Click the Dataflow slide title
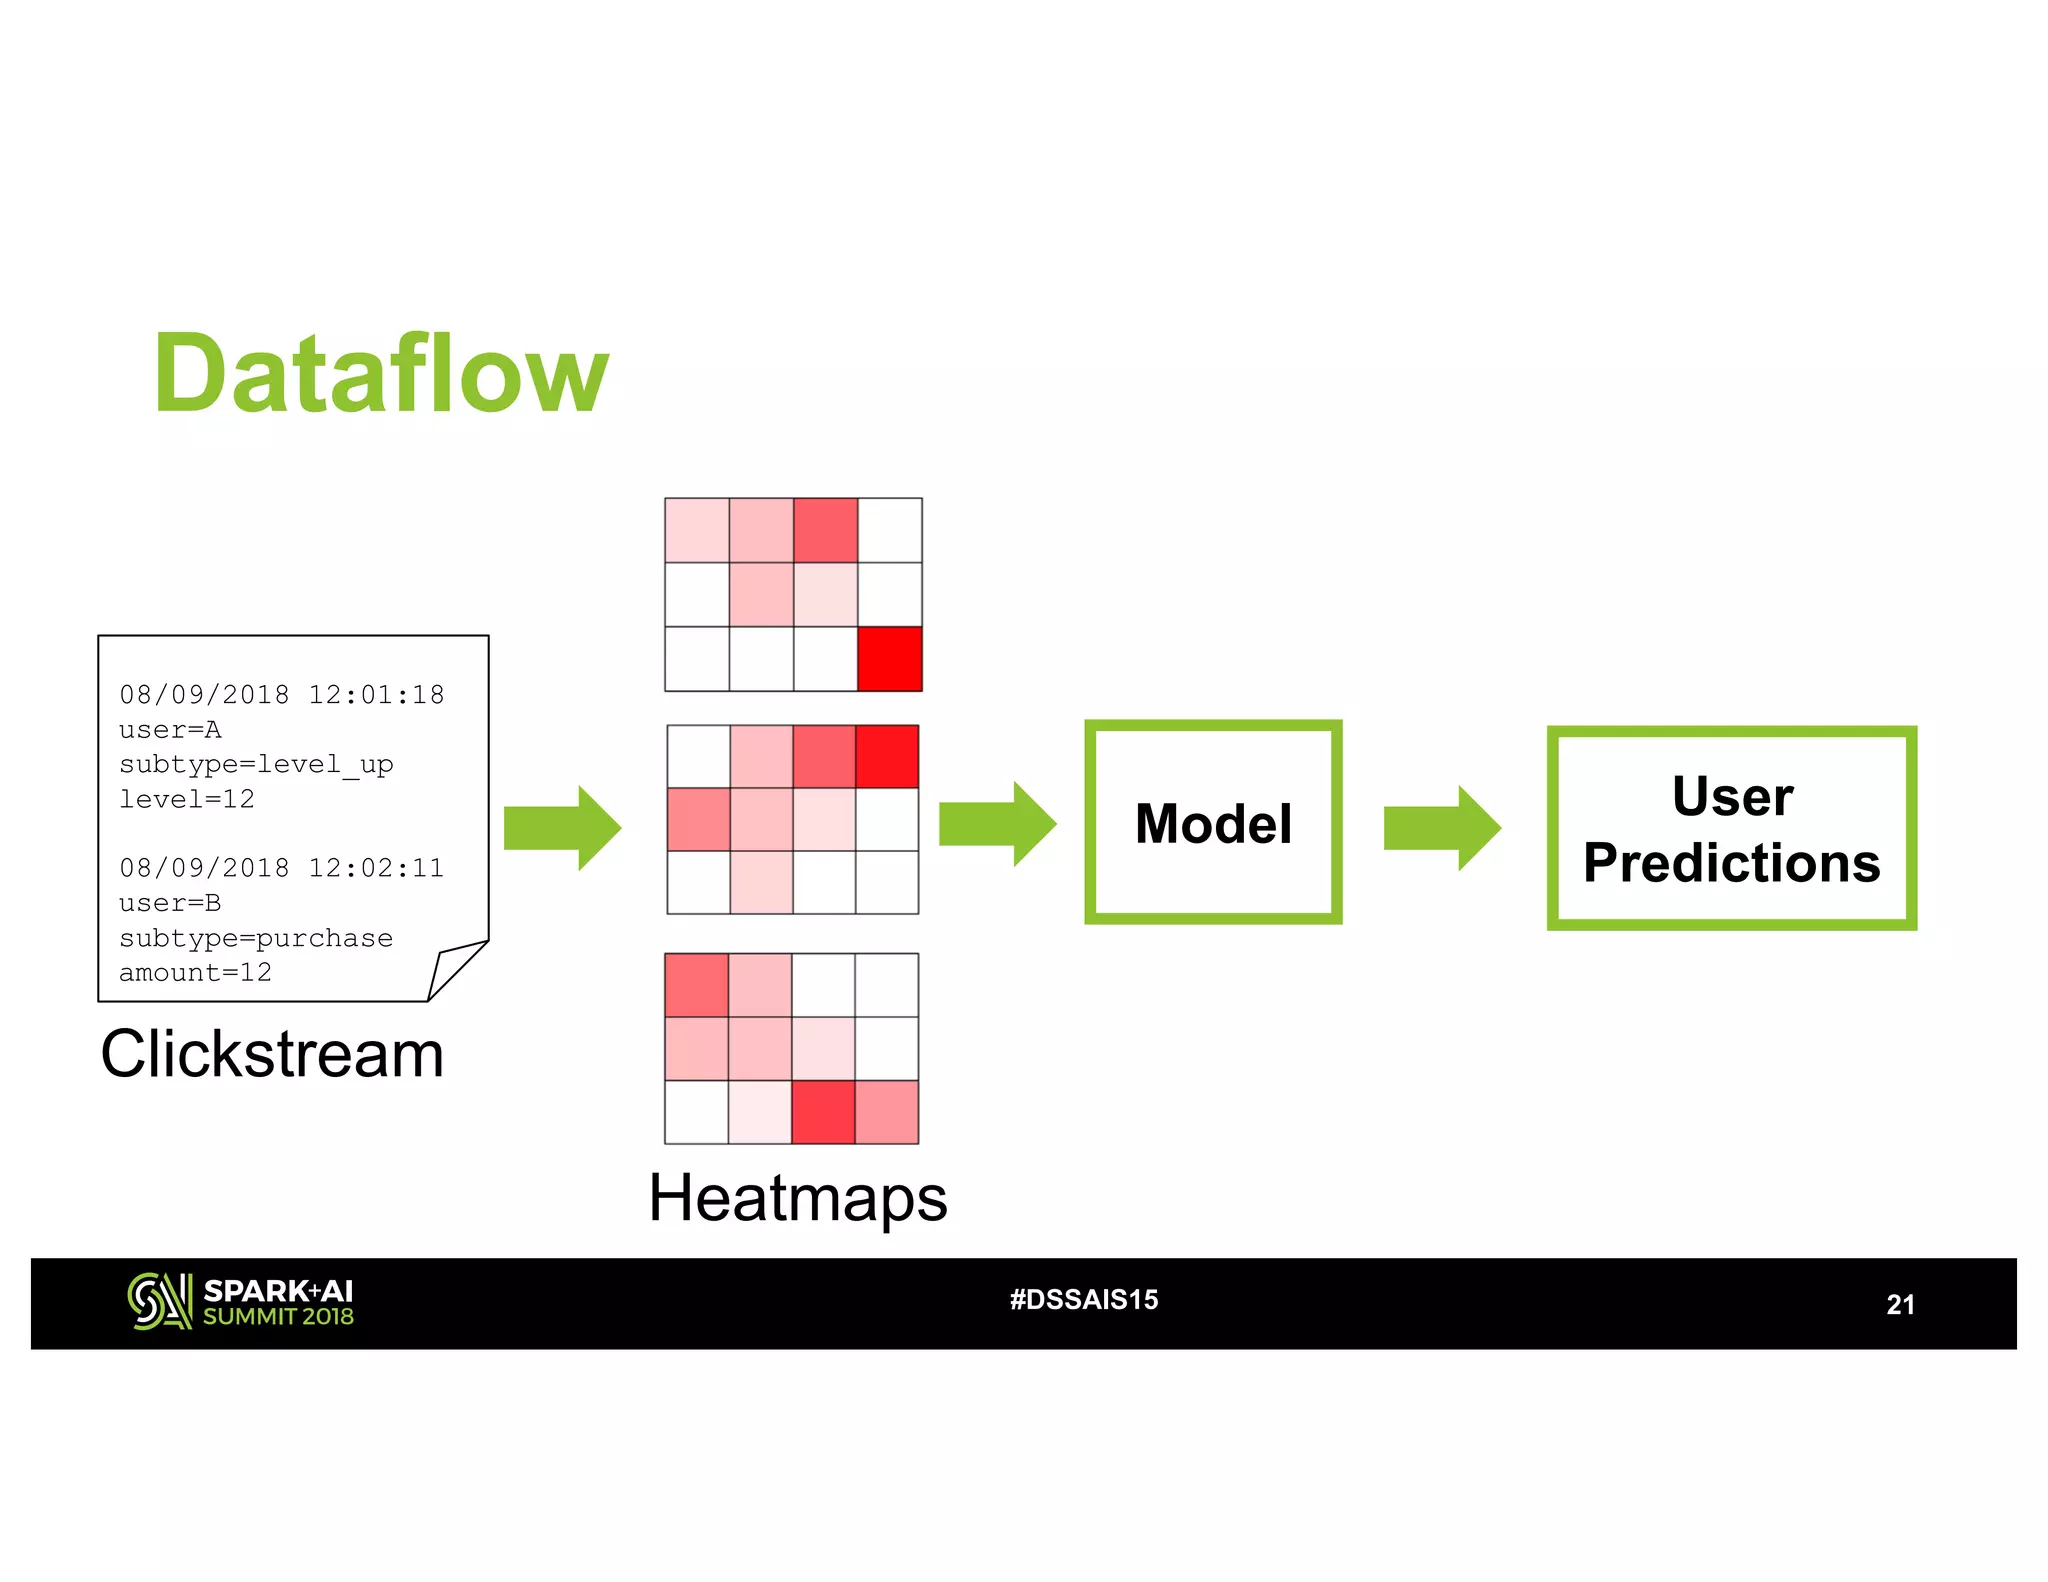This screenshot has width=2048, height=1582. (380, 374)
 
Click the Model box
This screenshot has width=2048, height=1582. (1212, 822)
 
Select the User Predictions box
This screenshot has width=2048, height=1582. (1730, 828)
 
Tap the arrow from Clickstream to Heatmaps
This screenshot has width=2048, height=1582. (562, 827)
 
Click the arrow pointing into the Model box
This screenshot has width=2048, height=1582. (997, 823)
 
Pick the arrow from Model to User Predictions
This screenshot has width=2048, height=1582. (1441, 827)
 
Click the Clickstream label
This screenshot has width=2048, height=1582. (272, 1053)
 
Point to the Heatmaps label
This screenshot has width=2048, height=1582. (797, 1197)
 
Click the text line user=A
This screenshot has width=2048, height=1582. (170, 730)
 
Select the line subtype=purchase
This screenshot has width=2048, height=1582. (256, 938)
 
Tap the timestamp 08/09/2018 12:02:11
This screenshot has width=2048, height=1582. (281, 868)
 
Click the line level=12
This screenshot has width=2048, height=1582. (187, 799)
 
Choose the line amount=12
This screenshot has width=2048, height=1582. (195, 972)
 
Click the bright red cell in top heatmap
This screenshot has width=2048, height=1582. (889, 659)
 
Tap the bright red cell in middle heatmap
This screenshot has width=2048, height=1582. (887, 757)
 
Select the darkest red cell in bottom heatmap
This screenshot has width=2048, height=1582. (823, 1111)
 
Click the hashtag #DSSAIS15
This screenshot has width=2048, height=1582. (1084, 1299)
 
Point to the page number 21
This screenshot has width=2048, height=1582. (1899, 1304)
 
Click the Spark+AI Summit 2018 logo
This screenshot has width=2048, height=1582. (241, 1302)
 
